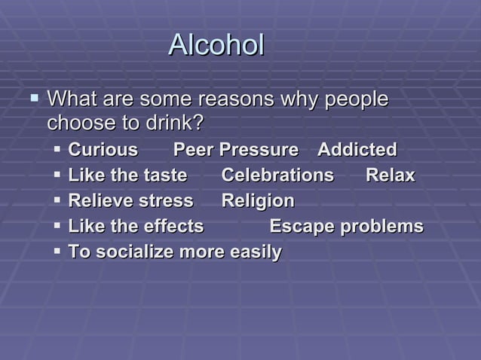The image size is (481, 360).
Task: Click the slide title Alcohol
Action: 216,45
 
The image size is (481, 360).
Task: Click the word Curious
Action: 103,149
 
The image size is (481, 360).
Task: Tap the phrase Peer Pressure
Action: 236,149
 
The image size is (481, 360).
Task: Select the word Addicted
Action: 357,149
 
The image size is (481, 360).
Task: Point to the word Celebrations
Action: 277,175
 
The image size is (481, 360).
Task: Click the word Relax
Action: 390,175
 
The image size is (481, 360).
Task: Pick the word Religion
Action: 258,201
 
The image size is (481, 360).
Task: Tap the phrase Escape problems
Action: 346,227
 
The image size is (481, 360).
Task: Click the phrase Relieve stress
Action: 130,201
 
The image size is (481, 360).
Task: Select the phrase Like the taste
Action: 127,175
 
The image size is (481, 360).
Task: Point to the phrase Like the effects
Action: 136,227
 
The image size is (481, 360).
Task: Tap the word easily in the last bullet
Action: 255,252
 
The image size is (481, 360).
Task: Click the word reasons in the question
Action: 235,99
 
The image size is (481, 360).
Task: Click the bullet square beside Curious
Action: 58,149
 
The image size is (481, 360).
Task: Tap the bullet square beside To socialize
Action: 58,252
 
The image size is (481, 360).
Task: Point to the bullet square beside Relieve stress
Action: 58,200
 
